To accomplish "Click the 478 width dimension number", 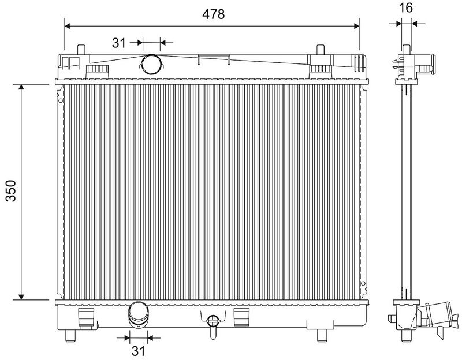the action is pyautogui.click(x=213, y=14).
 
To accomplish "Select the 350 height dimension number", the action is pyautogui.click(x=11, y=190).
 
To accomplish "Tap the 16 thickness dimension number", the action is pyautogui.click(x=406, y=8).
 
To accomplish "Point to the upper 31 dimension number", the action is pyautogui.click(x=119, y=43).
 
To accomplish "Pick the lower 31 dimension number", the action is pyautogui.click(x=138, y=351).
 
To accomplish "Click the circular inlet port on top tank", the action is pyautogui.click(x=151, y=65).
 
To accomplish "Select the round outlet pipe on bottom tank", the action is pyautogui.click(x=139, y=314).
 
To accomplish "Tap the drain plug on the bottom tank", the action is pyautogui.click(x=213, y=325).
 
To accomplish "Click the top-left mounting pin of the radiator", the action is pyautogui.click(x=81, y=50).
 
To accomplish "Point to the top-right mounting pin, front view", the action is pyautogui.click(x=321, y=50).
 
